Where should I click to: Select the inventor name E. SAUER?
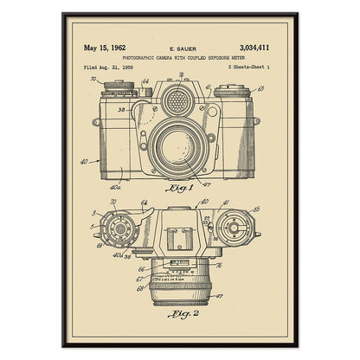click(x=178, y=49)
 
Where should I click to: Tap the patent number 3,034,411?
click(x=252, y=48)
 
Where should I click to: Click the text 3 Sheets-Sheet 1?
click(x=249, y=67)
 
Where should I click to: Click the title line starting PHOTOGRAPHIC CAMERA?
click(x=180, y=58)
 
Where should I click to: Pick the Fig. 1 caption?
click(x=178, y=186)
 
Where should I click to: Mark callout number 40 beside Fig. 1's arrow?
click(x=84, y=161)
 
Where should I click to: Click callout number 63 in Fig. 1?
click(x=261, y=87)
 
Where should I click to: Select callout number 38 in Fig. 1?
click(x=123, y=110)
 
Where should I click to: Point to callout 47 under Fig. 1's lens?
click(x=207, y=183)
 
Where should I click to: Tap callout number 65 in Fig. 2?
click(x=255, y=210)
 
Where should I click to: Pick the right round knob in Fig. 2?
click(x=233, y=229)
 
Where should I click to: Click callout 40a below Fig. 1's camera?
click(x=117, y=185)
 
